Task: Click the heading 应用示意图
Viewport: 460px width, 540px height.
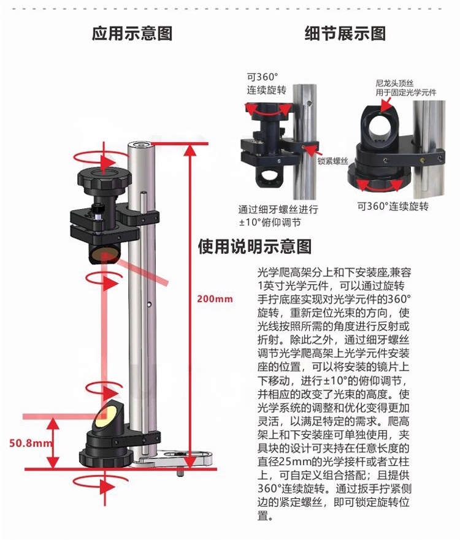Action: [x=132, y=34]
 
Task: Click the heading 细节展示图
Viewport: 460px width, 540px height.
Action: [x=345, y=34]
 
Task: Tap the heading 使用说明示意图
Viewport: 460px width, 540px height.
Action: [x=255, y=246]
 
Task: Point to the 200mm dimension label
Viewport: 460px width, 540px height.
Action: [x=215, y=299]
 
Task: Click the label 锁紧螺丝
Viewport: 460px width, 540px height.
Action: [x=333, y=161]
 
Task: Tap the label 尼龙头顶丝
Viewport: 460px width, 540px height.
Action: [x=394, y=83]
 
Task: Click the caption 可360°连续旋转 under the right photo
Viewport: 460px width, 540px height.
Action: [x=393, y=207]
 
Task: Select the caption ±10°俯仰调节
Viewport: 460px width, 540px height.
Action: [x=270, y=222]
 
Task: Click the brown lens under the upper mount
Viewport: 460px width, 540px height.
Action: [x=105, y=254]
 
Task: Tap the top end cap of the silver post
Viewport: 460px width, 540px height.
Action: [x=141, y=144]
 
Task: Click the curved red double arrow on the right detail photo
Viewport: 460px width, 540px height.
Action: [x=380, y=185]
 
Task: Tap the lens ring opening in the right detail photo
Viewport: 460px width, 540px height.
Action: [x=380, y=126]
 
